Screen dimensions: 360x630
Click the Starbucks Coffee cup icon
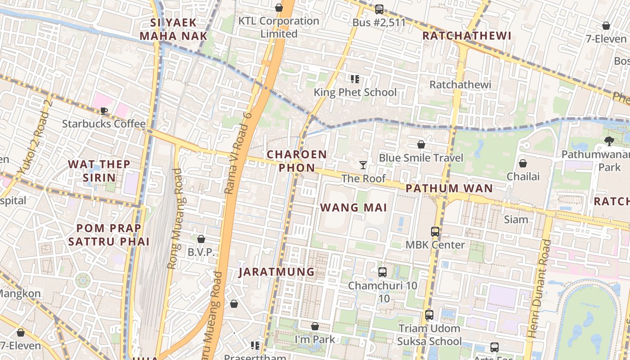click(x=104, y=111)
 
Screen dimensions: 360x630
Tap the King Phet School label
click(x=355, y=92)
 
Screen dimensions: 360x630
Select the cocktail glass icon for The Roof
click(x=363, y=165)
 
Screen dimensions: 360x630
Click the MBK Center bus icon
click(x=435, y=232)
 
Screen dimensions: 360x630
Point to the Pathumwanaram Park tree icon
click(x=609, y=141)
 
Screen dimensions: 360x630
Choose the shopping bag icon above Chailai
click(x=523, y=163)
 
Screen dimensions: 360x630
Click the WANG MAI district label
click(x=354, y=207)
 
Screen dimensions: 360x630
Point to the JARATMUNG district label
click(x=276, y=272)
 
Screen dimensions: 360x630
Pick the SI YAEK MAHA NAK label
click(x=173, y=29)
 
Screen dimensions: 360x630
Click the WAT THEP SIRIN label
click(x=99, y=171)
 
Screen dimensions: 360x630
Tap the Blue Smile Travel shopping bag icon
click(x=421, y=144)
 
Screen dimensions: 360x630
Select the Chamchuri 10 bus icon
click(x=382, y=272)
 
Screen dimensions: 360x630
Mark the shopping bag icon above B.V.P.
click(x=201, y=238)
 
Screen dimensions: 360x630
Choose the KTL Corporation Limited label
click(x=279, y=27)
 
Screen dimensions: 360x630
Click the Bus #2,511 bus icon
click(x=379, y=9)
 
